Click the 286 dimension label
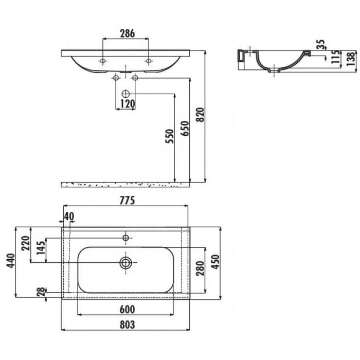(128, 33)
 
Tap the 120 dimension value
(128, 104)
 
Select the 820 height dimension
(201, 115)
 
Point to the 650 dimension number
(185, 129)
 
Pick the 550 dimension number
(170, 136)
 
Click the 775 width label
(127, 201)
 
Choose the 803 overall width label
(127, 325)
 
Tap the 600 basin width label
(127, 310)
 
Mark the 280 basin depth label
(200, 268)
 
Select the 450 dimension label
(215, 262)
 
